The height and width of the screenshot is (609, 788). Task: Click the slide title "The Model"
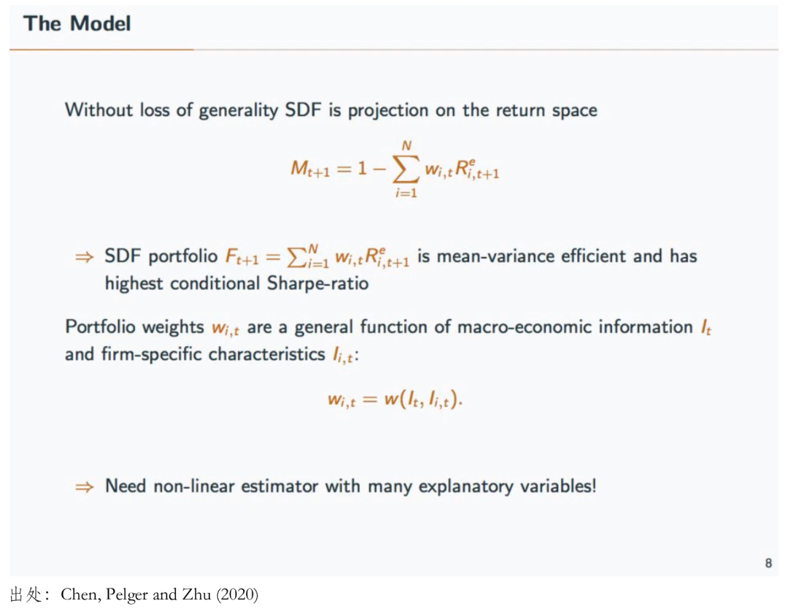point(77,23)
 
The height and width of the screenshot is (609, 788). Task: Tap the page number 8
point(768,563)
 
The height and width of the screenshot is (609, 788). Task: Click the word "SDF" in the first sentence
point(303,110)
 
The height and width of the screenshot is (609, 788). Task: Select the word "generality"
point(239,110)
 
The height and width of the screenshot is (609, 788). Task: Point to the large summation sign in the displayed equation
point(406,169)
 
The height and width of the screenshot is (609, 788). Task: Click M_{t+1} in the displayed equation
point(310,169)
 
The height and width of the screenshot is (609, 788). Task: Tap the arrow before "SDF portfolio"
point(84,258)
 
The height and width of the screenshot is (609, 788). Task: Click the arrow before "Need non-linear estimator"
point(84,487)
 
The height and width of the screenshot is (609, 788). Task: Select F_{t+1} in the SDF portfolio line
point(242,257)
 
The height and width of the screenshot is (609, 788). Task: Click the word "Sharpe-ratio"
point(317,283)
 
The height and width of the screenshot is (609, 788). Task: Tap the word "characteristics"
point(267,354)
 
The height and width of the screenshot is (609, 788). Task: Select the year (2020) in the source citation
point(237,594)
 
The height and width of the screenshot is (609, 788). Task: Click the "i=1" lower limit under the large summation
point(406,193)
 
